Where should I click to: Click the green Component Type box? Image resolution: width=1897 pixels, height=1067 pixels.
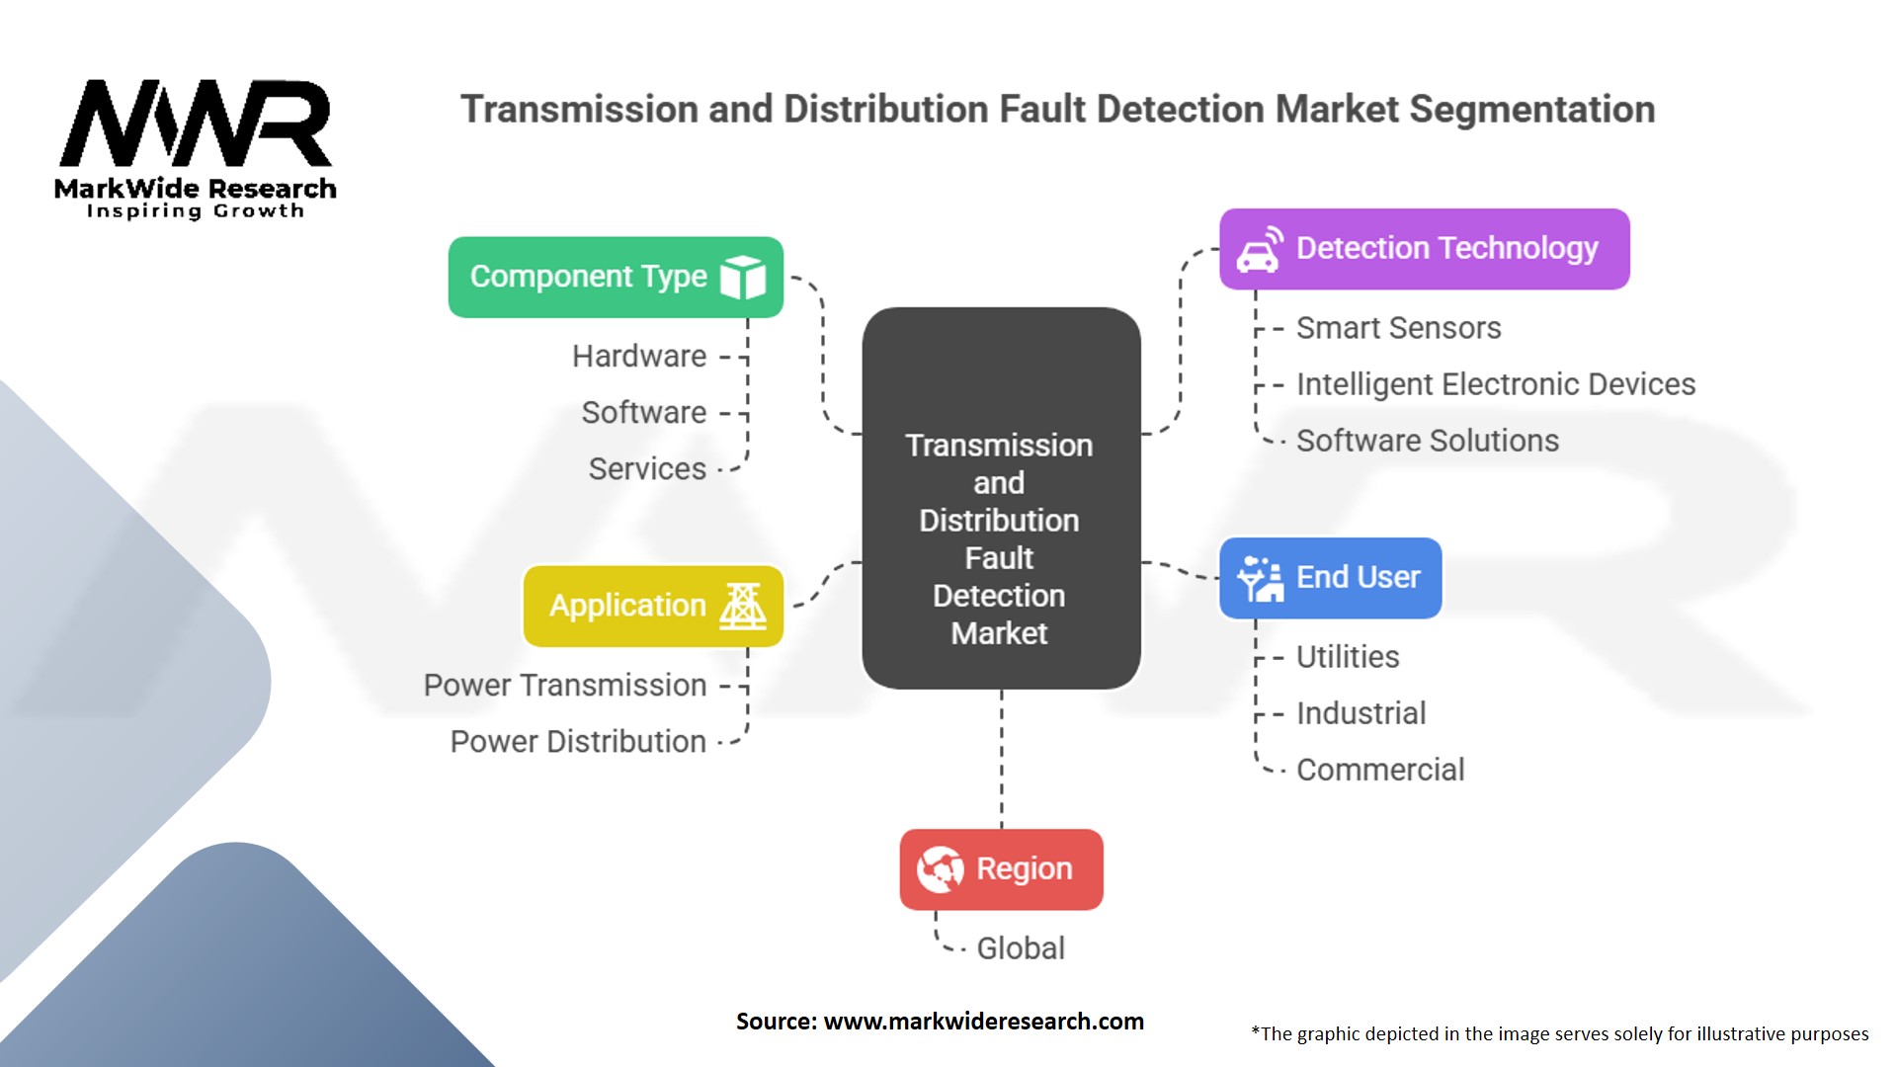[x=615, y=277]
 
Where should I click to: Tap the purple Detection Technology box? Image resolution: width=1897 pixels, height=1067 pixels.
[x=1424, y=249]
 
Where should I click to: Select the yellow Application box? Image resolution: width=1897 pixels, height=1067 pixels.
[x=652, y=606]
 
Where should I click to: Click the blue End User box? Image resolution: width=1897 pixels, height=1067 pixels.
[x=1330, y=578]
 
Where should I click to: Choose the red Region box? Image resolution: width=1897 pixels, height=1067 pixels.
[x=1001, y=869]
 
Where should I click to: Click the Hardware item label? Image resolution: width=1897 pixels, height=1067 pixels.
[x=639, y=356]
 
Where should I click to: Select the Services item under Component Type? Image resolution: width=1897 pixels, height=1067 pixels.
[x=647, y=468]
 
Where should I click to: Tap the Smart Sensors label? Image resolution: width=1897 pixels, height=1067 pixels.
[x=1398, y=328]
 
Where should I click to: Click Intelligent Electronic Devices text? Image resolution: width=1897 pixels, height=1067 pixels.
[x=1495, y=384]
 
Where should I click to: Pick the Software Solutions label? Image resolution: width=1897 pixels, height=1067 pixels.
[x=1427, y=441]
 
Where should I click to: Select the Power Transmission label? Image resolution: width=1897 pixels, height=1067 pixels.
[x=565, y=685]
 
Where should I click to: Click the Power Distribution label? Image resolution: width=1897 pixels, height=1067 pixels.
[x=578, y=741]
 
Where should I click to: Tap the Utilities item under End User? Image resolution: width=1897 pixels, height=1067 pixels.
[x=1348, y=657]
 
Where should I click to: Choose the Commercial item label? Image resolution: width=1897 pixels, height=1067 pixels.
[x=1380, y=770]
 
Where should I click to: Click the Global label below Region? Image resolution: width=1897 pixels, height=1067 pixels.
[x=1021, y=948]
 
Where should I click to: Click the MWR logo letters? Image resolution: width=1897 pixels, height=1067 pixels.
[x=196, y=123]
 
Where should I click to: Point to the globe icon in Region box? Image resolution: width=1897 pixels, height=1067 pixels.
[x=940, y=869]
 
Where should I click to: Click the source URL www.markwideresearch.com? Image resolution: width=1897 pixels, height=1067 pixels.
[x=983, y=1022]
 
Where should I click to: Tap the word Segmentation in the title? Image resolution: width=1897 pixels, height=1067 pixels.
[x=1531, y=110]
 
